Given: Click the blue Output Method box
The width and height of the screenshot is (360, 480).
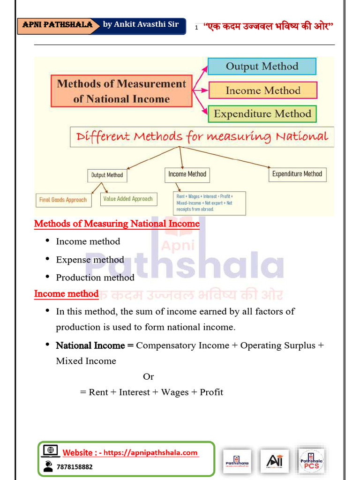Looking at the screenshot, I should (262, 66).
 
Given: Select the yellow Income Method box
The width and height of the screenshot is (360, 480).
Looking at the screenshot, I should (262, 90).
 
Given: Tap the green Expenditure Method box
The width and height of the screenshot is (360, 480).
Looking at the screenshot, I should (262, 114).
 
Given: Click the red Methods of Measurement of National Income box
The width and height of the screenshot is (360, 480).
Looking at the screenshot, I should (121, 91).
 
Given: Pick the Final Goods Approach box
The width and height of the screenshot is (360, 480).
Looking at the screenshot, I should (63, 200).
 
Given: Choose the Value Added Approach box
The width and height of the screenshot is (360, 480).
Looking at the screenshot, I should (128, 199).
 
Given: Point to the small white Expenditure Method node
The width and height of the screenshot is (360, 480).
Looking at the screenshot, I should (297, 174).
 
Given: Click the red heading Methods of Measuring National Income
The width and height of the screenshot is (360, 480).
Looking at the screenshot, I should (117, 224).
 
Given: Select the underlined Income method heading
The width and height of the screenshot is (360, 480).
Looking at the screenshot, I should (66, 294).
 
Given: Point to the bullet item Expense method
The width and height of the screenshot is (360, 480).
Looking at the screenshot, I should (90, 260).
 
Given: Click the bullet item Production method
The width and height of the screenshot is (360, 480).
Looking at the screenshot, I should (95, 277).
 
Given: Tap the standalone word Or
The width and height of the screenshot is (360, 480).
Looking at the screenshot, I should (148, 376).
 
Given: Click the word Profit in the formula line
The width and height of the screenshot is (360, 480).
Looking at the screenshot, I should (211, 392).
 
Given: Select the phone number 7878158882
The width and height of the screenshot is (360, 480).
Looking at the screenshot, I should (74, 467).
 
